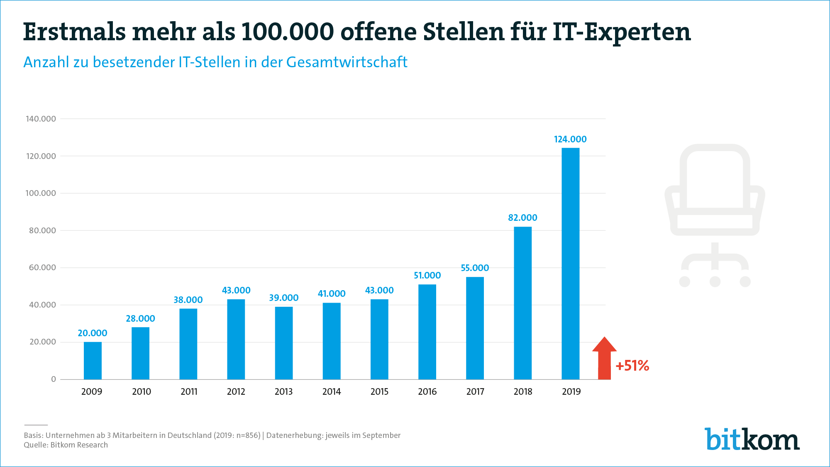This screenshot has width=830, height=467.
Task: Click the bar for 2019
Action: coord(570,264)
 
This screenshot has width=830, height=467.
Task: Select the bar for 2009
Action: coord(93,360)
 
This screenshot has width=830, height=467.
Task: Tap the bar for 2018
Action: coord(522,303)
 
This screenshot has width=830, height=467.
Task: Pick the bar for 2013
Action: coord(284,343)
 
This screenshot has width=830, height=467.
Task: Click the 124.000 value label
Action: coord(570,139)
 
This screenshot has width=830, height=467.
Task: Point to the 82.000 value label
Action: coord(522,218)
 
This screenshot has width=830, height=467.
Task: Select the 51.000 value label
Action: coord(427,276)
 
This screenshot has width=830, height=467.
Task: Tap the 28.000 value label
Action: coord(140,319)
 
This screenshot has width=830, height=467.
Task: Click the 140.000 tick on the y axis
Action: coord(41,119)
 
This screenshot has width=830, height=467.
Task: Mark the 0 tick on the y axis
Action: coord(54,379)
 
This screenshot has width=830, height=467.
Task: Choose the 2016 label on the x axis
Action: coord(427,392)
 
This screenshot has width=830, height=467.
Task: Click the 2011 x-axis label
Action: coord(189,392)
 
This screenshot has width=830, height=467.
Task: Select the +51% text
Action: coord(632,366)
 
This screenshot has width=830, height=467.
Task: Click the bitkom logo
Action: coord(752,439)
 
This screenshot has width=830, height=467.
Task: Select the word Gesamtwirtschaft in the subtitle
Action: coord(347,62)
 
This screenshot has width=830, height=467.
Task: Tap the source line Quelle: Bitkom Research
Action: coord(66,445)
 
